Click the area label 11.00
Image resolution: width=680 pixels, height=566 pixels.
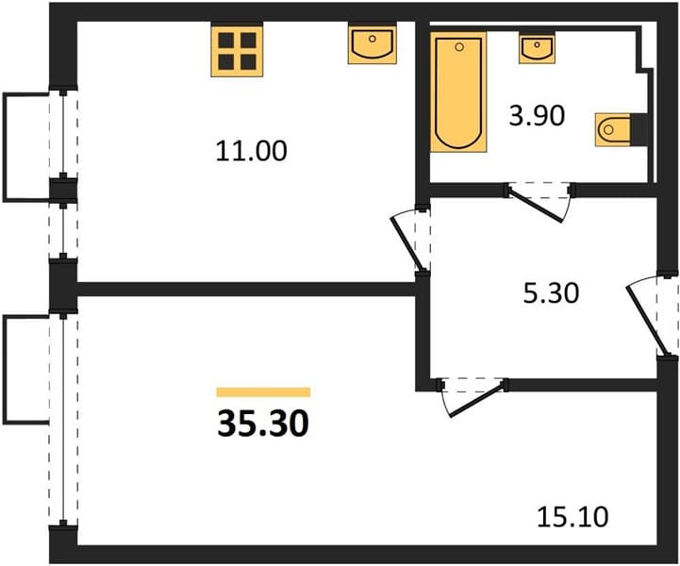coord(251,151)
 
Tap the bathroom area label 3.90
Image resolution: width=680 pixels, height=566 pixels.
coord(537,116)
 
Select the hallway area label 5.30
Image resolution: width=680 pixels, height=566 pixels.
coord(551,292)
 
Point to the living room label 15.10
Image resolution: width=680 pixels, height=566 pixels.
coord(572,517)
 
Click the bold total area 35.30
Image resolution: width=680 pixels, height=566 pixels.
coord(263,424)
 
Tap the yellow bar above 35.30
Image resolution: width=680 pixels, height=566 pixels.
coord(263,392)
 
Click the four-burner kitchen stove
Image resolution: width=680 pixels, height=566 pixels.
coord(237,51)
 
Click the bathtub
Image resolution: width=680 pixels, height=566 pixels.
coord(458,92)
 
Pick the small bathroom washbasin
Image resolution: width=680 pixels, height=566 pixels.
coord(537,48)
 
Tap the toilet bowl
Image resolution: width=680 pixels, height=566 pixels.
coord(612,129)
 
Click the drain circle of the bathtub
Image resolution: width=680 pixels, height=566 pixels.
coord(459,46)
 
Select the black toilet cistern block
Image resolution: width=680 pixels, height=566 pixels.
coord(639,129)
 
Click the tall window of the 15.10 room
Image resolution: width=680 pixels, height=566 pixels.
coord(63,420)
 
